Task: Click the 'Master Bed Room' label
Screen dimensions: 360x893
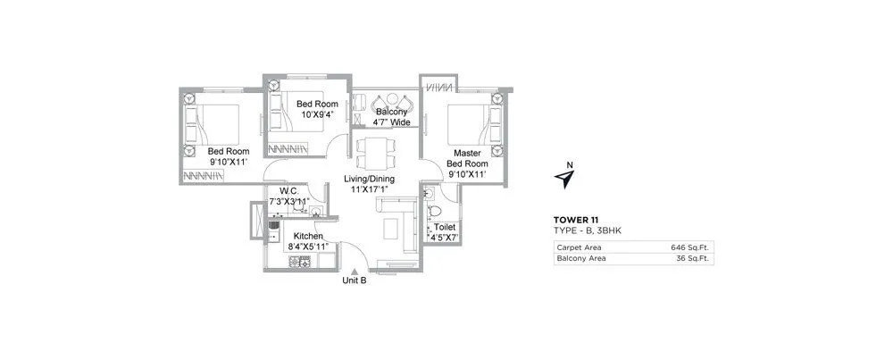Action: click(x=466, y=159)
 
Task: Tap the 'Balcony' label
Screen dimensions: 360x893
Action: click(x=392, y=112)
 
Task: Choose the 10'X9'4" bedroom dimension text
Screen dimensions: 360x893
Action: click(x=316, y=114)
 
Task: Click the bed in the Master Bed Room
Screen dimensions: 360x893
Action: click(x=471, y=125)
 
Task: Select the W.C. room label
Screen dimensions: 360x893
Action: click(x=288, y=191)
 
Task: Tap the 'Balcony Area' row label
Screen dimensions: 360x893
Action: click(x=580, y=258)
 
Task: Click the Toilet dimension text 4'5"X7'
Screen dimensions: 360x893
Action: click(x=444, y=239)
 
